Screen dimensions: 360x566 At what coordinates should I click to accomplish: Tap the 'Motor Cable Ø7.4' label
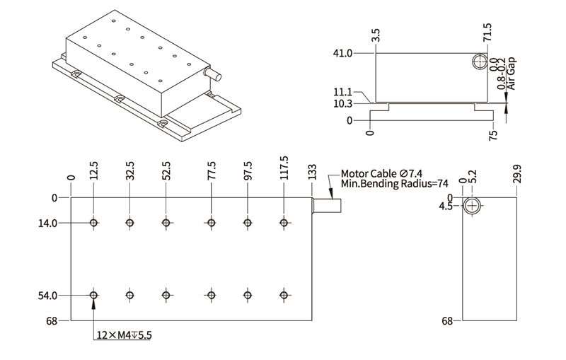(383, 173)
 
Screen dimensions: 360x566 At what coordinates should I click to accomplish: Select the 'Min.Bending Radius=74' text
(395, 183)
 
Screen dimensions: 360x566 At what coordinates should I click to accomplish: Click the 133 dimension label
(311, 173)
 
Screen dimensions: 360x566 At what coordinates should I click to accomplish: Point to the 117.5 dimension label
(284, 169)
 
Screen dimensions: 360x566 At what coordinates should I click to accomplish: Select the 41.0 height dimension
(342, 53)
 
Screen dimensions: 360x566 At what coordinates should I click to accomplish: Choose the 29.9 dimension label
(517, 173)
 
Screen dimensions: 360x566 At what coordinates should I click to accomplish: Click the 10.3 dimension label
(342, 104)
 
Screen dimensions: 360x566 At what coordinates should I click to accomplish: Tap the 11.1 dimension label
(342, 92)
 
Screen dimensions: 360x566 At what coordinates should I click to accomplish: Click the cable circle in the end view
(473, 207)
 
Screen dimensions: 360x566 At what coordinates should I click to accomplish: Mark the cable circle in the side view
(480, 62)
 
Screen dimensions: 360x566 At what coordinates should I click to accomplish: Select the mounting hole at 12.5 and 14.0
(93, 223)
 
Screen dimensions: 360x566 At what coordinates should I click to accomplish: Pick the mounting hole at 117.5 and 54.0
(284, 295)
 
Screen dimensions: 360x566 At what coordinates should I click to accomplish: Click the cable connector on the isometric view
(212, 73)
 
